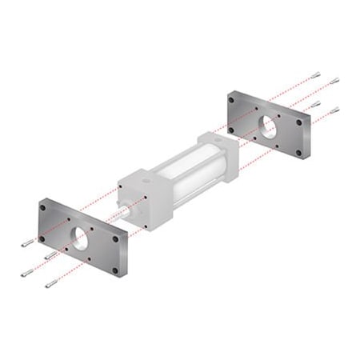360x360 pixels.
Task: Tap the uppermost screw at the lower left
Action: pos(28,242)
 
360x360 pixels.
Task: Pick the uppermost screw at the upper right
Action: pos(316,75)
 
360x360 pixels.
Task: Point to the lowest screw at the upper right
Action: pos(334,110)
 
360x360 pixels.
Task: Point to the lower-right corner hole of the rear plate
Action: pos(299,152)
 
